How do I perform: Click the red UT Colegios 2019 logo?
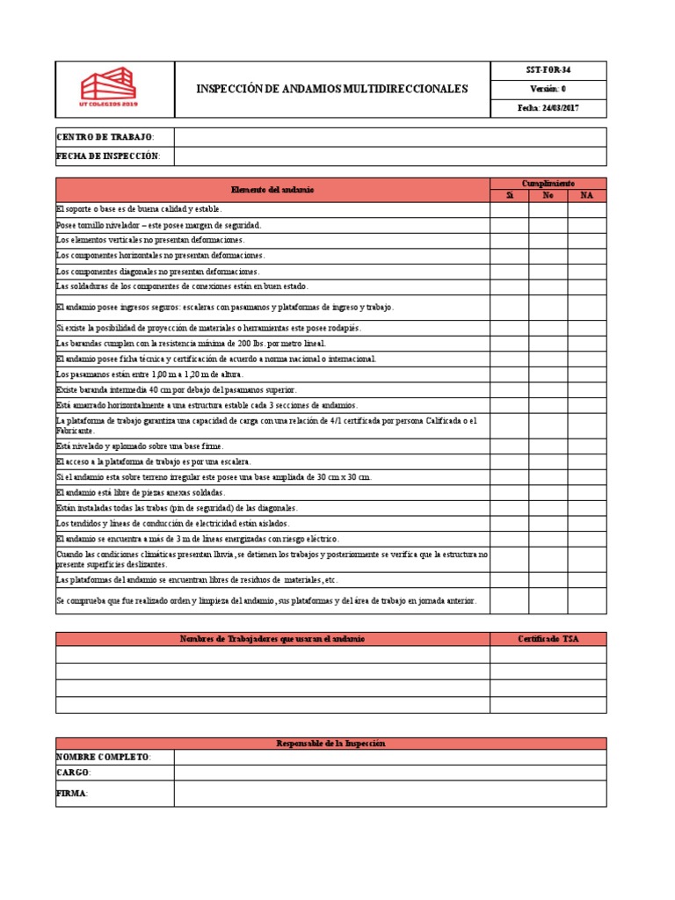pos(109,89)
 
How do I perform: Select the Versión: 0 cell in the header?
pos(548,89)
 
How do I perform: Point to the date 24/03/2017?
pos(548,108)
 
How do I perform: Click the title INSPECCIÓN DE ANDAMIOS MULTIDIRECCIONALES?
pos(332,89)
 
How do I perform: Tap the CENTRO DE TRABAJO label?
pos(105,137)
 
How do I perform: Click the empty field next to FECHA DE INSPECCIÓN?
pos(389,156)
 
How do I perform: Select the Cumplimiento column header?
pos(548,183)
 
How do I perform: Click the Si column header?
pos(509,195)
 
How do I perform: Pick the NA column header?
pos(586,195)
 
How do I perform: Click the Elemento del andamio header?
pos(272,189)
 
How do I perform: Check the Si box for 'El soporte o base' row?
pos(509,209)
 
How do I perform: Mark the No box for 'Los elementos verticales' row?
pos(548,240)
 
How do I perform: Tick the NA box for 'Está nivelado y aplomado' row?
pos(586,446)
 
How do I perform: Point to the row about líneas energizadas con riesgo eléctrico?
pos(197,539)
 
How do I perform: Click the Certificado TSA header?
pos(548,638)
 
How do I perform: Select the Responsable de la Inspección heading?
pos(330,744)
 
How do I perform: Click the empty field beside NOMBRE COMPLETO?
pos(389,758)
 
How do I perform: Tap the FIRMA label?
pos(72,794)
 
